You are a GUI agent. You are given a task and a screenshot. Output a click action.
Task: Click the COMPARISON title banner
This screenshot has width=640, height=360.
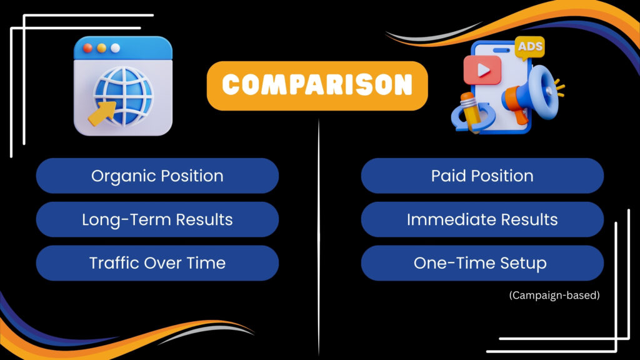click(x=317, y=86)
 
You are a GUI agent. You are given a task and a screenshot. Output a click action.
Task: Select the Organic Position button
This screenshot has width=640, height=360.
click(x=157, y=176)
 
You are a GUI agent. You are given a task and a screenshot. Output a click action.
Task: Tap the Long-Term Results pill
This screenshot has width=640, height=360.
click(x=157, y=219)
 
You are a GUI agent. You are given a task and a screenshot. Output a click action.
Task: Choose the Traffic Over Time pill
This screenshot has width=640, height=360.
click(x=157, y=262)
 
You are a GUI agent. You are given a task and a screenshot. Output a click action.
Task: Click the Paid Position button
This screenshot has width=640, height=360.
click(x=482, y=176)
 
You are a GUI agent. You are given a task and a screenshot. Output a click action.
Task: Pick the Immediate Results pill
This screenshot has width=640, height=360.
click(x=482, y=219)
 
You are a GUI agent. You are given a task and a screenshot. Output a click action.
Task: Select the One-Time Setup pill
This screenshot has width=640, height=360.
click(x=482, y=262)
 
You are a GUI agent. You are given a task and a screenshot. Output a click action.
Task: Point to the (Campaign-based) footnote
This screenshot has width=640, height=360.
click(x=554, y=295)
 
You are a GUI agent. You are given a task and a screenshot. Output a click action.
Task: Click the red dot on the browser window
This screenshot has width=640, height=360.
click(x=87, y=48)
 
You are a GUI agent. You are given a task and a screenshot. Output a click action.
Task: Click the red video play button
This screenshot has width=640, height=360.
click(x=482, y=70)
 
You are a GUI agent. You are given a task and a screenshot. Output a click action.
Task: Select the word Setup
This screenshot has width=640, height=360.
click(x=522, y=263)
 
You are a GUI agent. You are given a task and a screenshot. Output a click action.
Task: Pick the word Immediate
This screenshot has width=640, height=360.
click(x=449, y=219)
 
